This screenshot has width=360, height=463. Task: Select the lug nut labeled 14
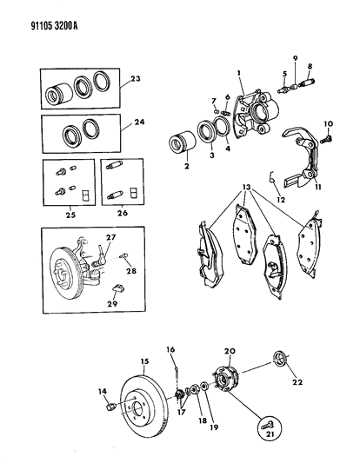110,406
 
